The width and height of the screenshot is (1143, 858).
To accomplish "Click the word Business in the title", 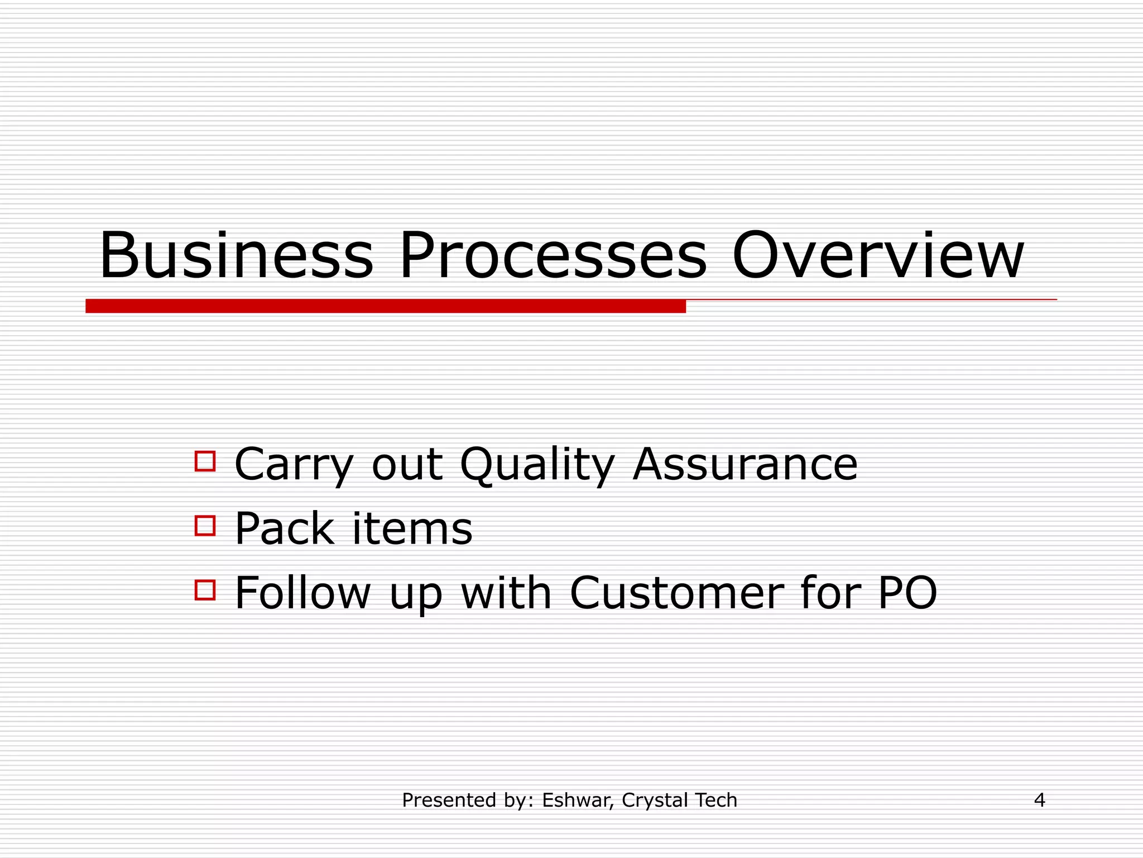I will click(236, 256).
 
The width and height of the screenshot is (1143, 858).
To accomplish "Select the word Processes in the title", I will click(553, 256).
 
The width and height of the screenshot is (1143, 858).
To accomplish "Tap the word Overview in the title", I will click(877, 256).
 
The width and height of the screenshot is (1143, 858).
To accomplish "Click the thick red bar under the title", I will click(385, 306).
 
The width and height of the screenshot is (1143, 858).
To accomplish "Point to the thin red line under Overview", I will click(871, 300).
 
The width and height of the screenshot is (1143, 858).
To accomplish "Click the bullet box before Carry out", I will click(205, 461).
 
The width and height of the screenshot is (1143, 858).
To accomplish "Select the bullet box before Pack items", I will click(205, 526).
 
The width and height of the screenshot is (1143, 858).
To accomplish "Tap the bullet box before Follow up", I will click(205, 590).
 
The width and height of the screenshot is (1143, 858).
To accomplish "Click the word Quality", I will click(537, 465).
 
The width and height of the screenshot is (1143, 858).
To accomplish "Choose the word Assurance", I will click(745, 465).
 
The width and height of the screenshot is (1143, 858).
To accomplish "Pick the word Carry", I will click(294, 465).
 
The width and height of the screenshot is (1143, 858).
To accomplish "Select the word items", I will click(413, 528).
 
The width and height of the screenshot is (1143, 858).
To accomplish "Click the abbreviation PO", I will click(907, 593).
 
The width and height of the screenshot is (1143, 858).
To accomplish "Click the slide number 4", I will click(1039, 800).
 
